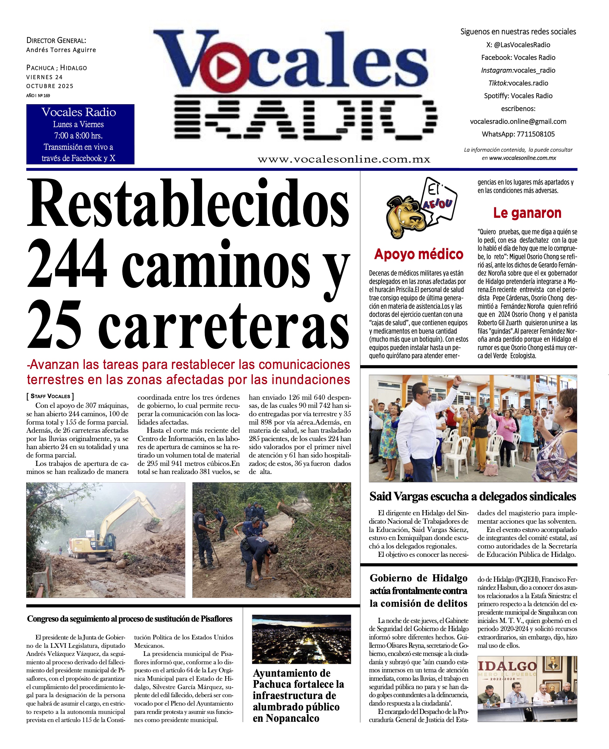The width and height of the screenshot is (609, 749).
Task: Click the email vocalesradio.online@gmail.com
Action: coord(518,121)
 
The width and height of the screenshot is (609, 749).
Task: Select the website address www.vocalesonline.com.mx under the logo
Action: coord(344,160)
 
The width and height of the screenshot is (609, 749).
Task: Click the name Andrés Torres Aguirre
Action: coord(61,50)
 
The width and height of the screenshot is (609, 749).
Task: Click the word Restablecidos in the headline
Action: coord(189,205)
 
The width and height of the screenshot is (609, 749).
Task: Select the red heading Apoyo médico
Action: coord(419,254)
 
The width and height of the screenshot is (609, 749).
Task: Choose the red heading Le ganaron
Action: coord(527,213)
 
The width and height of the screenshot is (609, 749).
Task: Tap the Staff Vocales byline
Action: coord(50,396)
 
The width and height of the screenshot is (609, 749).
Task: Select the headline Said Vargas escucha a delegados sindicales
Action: coord(473,497)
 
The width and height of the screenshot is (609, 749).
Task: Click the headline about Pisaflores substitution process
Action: coord(130,619)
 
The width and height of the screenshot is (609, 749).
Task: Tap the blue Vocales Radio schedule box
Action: coord(80,134)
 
